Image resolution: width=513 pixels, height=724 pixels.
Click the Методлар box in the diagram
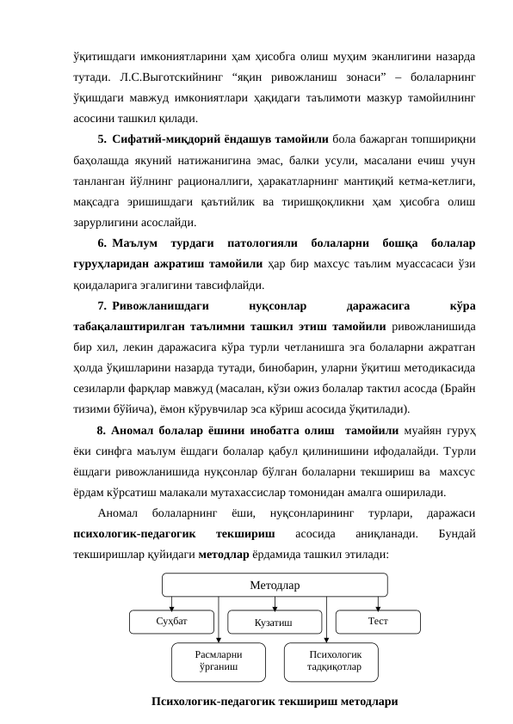[275, 586]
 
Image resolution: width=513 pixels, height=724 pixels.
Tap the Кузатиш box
[274, 622]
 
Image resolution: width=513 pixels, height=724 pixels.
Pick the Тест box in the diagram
[377, 620]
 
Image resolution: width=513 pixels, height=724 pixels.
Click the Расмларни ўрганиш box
[219, 660]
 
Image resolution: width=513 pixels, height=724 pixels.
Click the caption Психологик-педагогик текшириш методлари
[275, 702]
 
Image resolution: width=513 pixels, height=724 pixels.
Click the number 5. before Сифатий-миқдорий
[102, 137]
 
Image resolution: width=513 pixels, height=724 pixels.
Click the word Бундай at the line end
[460, 534]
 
